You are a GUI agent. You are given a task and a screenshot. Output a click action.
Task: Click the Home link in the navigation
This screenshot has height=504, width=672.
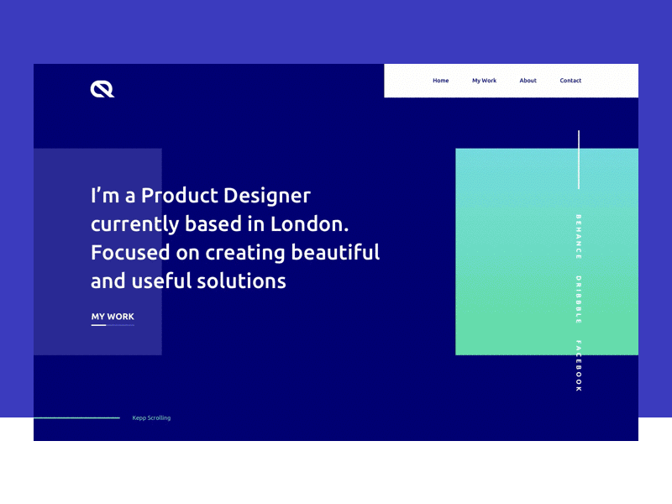(440, 81)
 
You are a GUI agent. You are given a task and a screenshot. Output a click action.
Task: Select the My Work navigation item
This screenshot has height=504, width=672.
(484, 81)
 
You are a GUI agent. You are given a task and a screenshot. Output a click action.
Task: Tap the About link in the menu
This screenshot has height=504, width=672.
(528, 81)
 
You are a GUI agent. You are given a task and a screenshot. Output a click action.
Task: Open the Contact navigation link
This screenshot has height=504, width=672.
(570, 81)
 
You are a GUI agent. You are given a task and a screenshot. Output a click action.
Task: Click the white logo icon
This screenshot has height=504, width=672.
(102, 88)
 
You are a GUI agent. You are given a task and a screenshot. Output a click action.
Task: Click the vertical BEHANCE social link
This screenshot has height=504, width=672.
(578, 236)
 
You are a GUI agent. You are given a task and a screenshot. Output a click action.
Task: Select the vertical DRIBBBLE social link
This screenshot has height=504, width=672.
(578, 299)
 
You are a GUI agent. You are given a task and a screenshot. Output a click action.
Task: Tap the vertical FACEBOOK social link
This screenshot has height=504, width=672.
(578, 365)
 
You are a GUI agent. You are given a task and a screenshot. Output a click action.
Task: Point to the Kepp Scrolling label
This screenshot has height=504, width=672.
(151, 417)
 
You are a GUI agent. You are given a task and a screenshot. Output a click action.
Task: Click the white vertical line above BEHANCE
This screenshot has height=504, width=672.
(579, 160)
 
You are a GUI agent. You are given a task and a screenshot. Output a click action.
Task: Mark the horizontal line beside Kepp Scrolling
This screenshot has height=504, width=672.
(76, 417)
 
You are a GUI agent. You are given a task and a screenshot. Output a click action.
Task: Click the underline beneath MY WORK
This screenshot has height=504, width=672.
(113, 325)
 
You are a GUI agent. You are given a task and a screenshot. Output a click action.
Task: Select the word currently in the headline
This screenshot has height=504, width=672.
(134, 225)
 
